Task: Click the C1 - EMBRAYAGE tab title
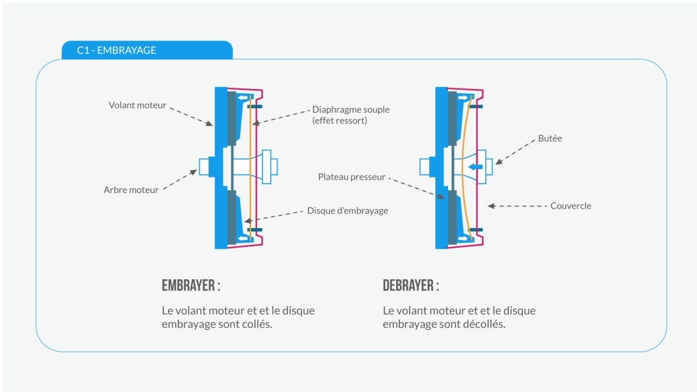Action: [x=117, y=51]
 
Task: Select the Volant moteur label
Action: [x=137, y=105]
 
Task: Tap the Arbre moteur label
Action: [x=132, y=190]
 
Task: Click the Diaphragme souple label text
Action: [x=351, y=109]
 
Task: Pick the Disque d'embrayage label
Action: [x=347, y=211]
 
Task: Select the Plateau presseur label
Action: [x=352, y=177]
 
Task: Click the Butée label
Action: [x=550, y=138]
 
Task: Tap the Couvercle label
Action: [x=570, y=206]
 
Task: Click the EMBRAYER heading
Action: [x=191, y=285]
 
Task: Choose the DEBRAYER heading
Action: [x=410, y=285]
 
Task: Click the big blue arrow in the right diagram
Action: [x=476, y=165]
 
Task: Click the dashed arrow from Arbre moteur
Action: [x=181, y=180]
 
